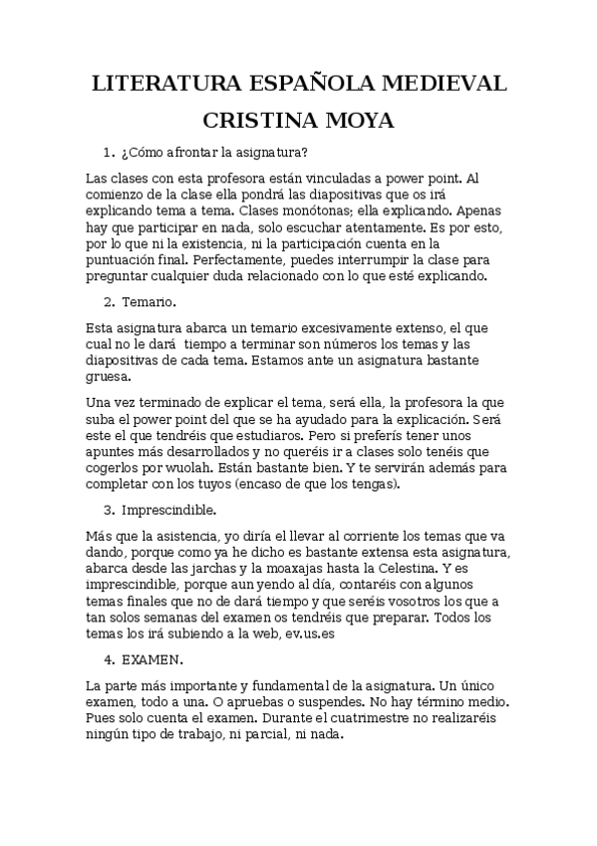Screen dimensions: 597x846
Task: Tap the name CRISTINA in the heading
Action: pyautogui.click(x=258, y=122)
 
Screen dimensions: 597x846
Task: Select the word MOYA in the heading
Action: pyautogui.click(x=359, y=122)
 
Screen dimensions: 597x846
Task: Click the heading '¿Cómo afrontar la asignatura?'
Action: pyautogui.click(x=213, y=153)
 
